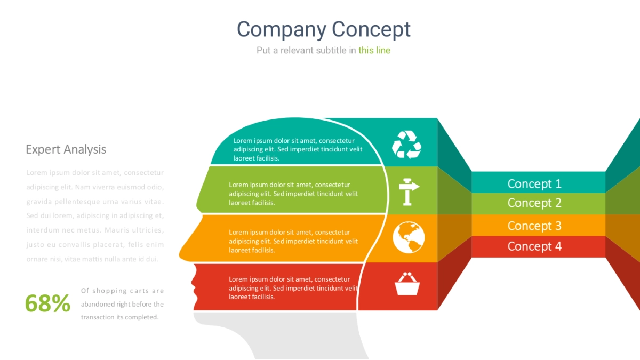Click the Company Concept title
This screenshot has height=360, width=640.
pos(324,29)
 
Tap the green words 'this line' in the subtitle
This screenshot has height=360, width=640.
pos(374,50)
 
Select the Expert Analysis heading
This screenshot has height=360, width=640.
pos(66,149)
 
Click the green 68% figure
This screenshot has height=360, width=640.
pos(47,303)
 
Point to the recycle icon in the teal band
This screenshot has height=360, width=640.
pos(407,145)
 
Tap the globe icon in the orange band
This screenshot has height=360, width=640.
pos(409,237)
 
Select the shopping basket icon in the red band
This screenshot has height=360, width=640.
pos(407,284)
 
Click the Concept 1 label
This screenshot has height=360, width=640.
pos(534,184)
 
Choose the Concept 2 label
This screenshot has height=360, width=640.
pos(534,203)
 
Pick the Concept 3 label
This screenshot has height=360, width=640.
pos(534,226)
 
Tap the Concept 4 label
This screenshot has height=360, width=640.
pos(534,246)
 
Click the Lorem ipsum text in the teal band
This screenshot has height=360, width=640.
pos(298,149)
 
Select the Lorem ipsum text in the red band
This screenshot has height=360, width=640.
pos(293,288)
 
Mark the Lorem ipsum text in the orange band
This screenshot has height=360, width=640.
pos(293,241)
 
